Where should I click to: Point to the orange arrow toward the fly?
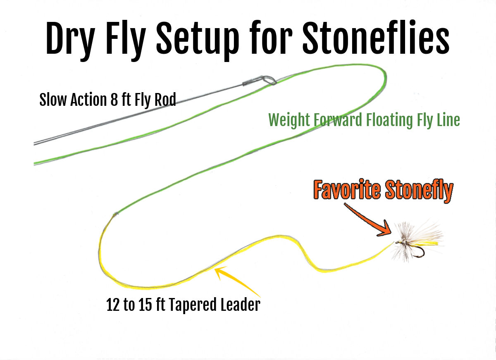coord(368,219)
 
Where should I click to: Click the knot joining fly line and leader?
coord(115,214)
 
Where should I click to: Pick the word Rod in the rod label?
coord(165,100)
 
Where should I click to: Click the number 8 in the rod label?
coord(114,100)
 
